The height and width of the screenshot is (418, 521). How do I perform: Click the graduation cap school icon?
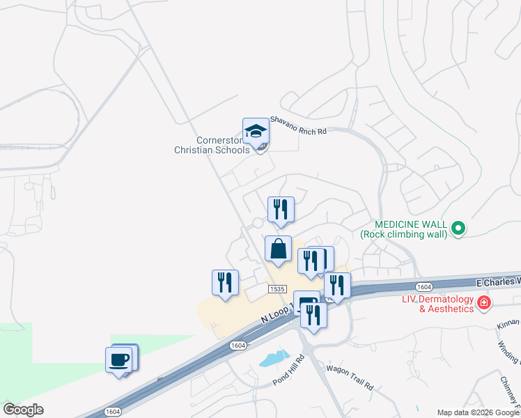256,131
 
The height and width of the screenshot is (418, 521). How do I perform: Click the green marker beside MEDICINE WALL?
458,228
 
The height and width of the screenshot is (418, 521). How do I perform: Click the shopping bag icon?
278,249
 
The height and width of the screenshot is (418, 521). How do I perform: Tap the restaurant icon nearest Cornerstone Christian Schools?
281,209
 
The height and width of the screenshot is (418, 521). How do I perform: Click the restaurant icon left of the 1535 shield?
225,283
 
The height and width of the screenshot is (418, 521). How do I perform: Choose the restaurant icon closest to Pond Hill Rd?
313,316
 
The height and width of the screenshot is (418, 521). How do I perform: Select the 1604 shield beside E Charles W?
424,286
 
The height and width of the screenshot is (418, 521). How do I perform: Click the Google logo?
23,410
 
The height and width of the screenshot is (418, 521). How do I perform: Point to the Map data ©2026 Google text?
478,412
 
